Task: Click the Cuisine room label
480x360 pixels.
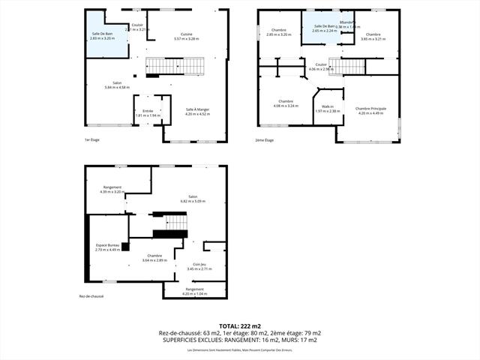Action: click(187, 34)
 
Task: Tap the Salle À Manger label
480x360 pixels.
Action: click(197, 109)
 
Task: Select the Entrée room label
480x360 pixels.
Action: click(148, 111)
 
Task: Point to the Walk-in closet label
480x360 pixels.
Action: click(327, 106)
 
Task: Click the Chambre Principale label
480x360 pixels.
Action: click(370, 108)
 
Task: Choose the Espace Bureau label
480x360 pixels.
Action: click(108, 245)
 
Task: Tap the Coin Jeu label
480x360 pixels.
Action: click(199, 264)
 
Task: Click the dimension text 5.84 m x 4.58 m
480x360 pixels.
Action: click(118, 87)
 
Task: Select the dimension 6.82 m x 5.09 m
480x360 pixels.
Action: click(193, 201)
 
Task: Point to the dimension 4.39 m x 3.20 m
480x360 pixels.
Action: click(112, 192)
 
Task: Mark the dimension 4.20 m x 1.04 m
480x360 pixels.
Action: click(194, 293)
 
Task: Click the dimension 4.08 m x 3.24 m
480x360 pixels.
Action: click(285, 106)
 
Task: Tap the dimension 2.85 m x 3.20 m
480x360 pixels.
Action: click(278, 35)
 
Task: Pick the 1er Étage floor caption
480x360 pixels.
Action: click(93, 139)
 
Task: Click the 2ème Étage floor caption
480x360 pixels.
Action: click(265, 139)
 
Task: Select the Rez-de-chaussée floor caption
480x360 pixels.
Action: click(91, 296)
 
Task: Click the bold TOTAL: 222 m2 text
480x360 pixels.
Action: click(240, 325)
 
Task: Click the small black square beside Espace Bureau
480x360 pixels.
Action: click(125, 246)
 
